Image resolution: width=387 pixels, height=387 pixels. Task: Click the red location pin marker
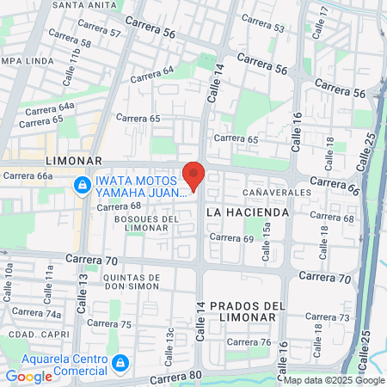click(193, 175)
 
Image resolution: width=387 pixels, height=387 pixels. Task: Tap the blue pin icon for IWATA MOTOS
click(83, 185)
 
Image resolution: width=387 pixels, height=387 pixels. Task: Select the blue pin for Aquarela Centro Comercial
click(120, 364)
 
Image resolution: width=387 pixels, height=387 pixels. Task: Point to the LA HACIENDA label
click(244, 211)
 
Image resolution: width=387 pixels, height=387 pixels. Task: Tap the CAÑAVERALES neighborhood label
click(274, 191)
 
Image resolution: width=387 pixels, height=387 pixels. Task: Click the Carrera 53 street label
click(267, 28)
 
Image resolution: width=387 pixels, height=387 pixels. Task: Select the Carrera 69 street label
click(230, 237)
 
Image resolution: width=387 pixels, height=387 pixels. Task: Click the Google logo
click(28, 376)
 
